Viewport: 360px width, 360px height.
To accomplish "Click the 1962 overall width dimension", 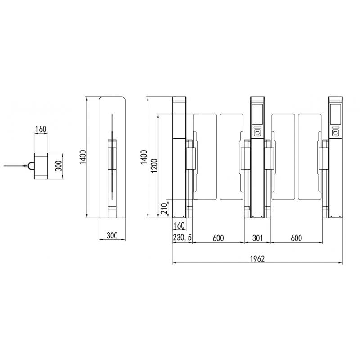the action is coord(257,259).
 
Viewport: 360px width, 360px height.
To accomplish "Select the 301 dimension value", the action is coord(257,238).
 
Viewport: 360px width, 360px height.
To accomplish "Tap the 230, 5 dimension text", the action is coord(182,238).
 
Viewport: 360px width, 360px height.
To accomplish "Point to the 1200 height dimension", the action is coord(154,166).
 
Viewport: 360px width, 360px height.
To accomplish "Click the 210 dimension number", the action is coord(164,208).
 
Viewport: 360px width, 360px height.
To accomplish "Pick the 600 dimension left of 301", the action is coord(218,238).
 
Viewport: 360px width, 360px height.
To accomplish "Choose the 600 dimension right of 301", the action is coord(296,238).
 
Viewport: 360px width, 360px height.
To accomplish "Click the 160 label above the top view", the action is coord(40,130).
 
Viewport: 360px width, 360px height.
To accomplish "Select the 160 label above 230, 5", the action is coord(179,226).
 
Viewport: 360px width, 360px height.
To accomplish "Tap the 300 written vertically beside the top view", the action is coord(59,166).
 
